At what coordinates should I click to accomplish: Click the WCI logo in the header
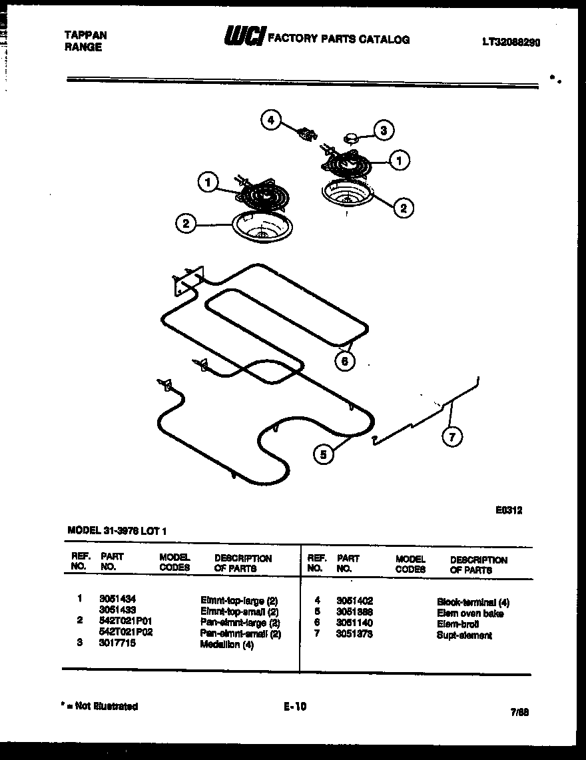244,37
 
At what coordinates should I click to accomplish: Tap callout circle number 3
383,130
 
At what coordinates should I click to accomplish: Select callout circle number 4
270,120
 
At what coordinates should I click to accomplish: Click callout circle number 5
324,454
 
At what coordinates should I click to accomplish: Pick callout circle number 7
452,436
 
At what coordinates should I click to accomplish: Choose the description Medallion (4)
226,645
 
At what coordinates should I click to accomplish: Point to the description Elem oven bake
469,613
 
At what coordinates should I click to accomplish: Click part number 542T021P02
126,633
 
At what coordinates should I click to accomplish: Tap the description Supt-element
464,635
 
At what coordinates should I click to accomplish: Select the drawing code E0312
509,511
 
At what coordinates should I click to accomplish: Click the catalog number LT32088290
511,41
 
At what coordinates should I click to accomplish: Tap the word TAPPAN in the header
85,35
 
